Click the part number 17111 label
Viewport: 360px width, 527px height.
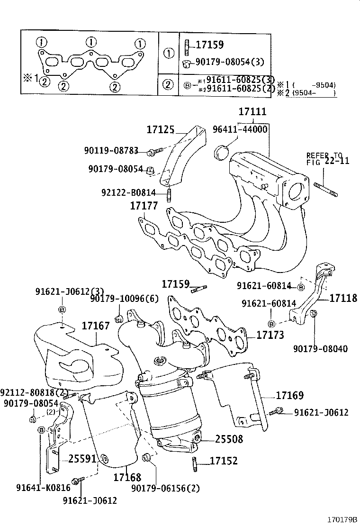[252, 112]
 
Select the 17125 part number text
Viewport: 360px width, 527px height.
[161, 129]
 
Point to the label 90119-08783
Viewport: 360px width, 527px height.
[111, 151]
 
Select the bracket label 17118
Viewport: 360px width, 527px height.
[343, 298]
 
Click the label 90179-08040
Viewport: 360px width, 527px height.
[320, 349]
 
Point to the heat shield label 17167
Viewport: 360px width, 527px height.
[96, 326]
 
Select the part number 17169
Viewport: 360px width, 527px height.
[289, 395]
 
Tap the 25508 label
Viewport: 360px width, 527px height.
[229, 439]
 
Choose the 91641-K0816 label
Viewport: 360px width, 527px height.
[43, 488]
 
